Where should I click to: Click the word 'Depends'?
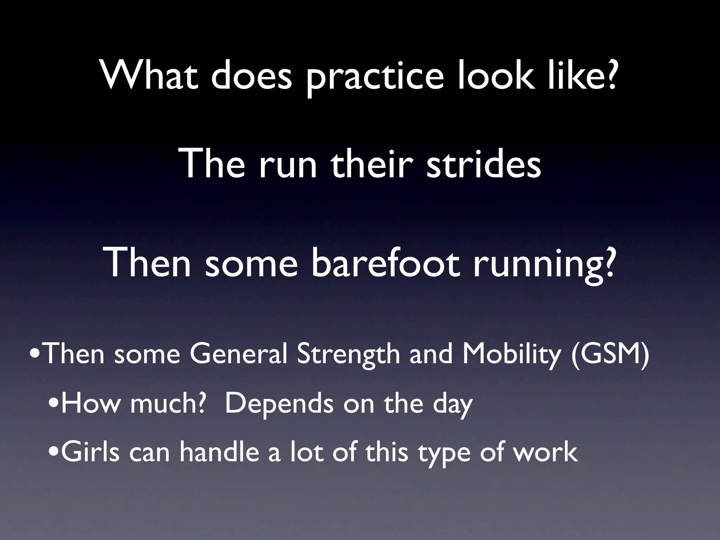coord(279,404)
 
